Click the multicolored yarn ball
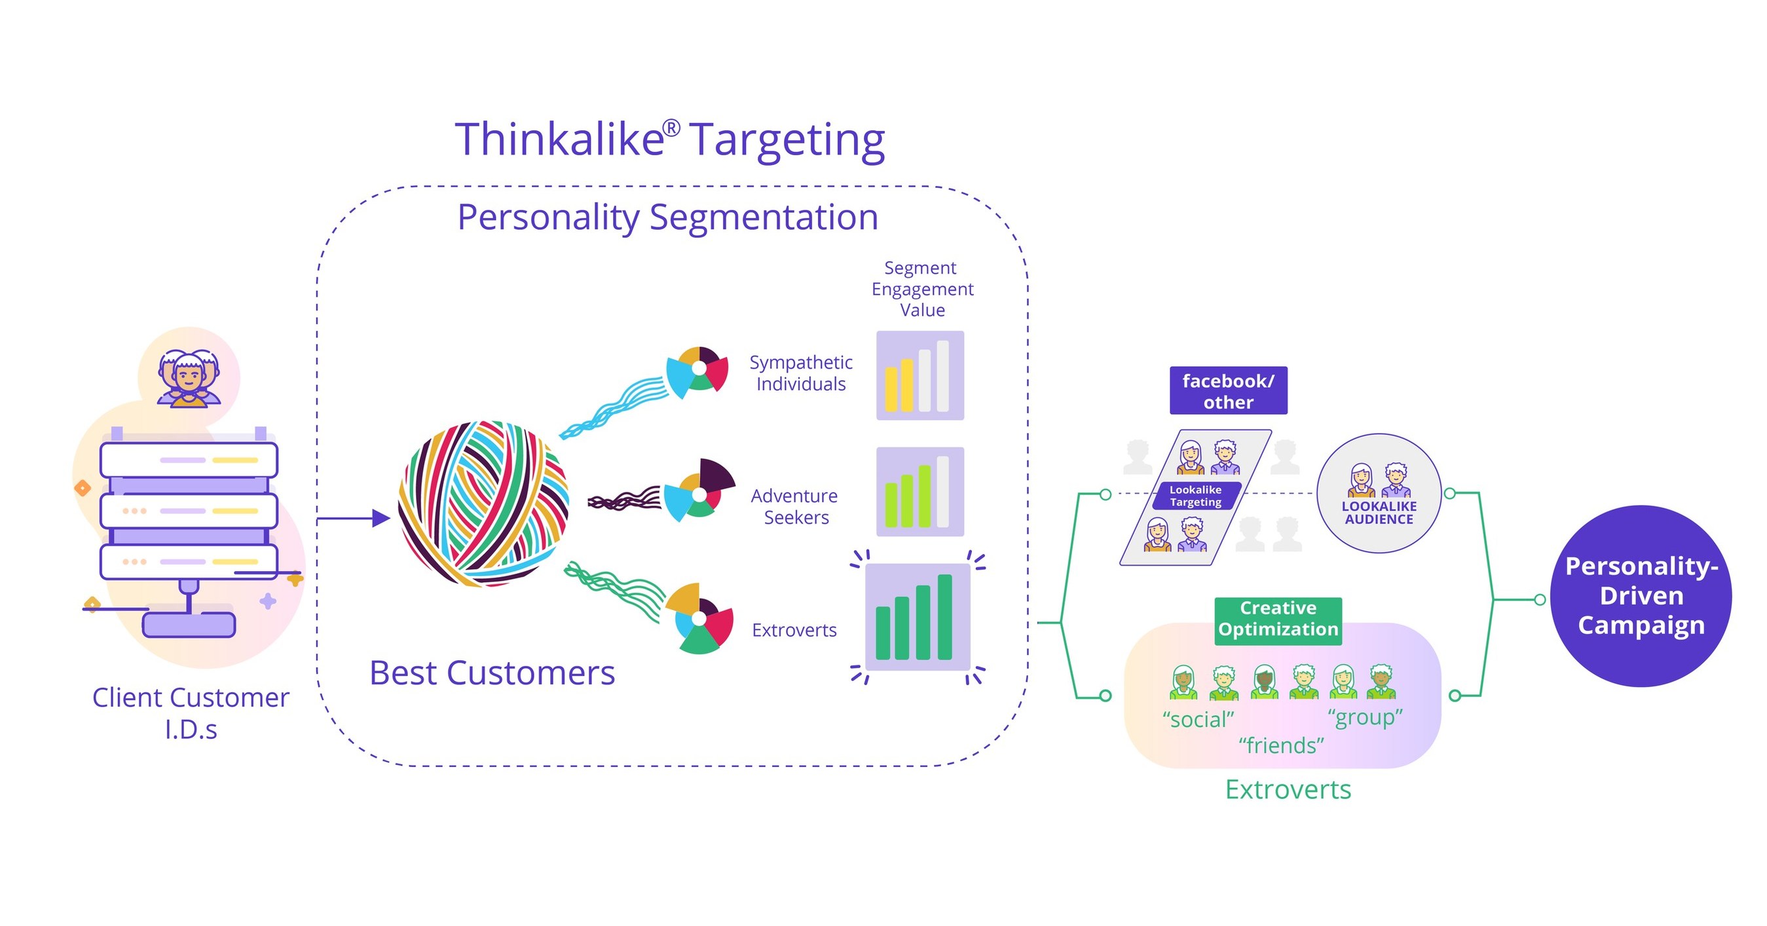coord(483,504)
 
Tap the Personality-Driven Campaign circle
coord(1641,595)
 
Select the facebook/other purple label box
coord(1228,391)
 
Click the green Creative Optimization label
coord(1277,619)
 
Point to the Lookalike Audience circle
coord(1379,492)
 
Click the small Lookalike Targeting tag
coord(1196,495)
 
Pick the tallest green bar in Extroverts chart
coord(944,617)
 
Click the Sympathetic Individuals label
coord(800,373)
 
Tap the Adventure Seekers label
coord(795,506)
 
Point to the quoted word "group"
coord(1365,718)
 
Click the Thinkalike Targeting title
coord(669,140)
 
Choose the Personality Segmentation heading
coord(667,217)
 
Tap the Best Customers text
coord(492,673)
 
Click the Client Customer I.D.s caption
coord(191,713)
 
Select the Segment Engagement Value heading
coord(922,289)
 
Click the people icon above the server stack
coord(189,379)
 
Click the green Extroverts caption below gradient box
coord(1288,790)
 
